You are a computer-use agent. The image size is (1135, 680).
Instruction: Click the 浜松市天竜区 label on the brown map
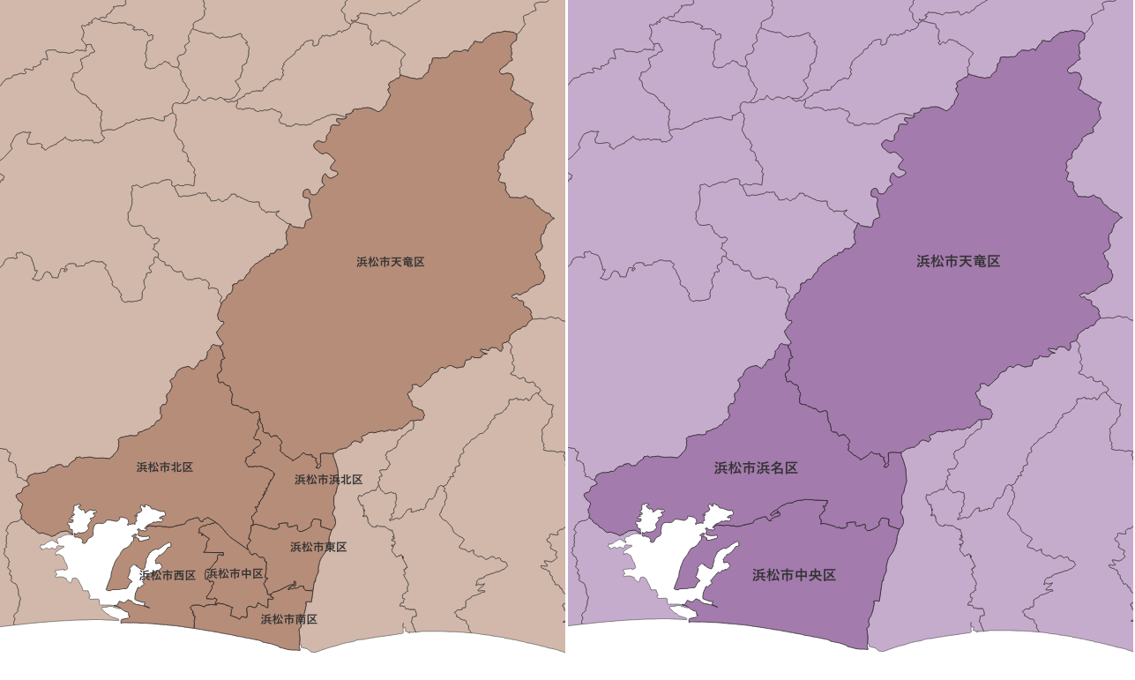(x=391, y=262)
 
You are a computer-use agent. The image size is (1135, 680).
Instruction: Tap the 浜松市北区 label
(x=165, y=467)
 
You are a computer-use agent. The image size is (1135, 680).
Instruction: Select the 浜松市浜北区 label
(x=328, y=480)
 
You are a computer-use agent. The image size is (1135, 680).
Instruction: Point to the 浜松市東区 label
(x=318, y=547)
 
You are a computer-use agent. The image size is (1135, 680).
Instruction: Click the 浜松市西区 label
(x=168, y=575)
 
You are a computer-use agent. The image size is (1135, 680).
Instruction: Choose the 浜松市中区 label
(x=235, y=574)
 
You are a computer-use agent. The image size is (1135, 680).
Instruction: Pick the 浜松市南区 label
(x=288, y=619)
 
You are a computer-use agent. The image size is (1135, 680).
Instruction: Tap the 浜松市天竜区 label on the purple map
(x=958, y=261)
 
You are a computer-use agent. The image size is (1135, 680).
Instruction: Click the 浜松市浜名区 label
(x=756, y=467)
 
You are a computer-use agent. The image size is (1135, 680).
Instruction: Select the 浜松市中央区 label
(x=794, y=575)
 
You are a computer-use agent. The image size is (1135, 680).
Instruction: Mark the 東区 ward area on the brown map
(x=291, y=564)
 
